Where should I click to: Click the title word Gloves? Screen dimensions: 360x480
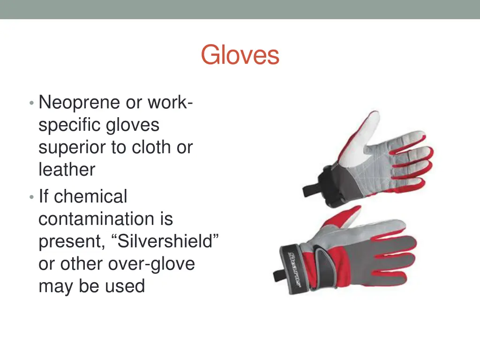coord(240,55)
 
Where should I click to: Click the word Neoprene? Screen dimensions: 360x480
coord(79,102)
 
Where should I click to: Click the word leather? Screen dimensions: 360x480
coord(67,169)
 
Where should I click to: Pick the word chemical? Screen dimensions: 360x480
coord(90,196)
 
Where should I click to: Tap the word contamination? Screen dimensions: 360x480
coord(105,219)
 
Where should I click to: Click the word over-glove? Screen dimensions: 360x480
coord(151,264)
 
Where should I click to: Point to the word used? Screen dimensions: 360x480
coord(125,286)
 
